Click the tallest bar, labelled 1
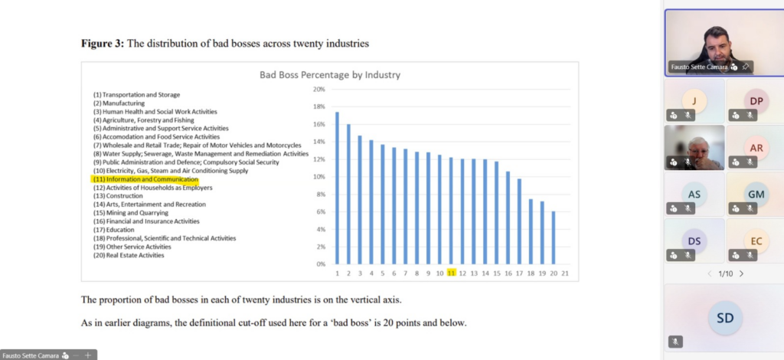pos(337,188)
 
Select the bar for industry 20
pos(553,237)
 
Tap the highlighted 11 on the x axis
pos(452,273)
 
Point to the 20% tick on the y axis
pos(319,90)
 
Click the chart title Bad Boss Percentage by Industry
pos(330,75)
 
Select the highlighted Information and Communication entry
pos(145,179)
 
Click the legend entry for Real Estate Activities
pos(129,255)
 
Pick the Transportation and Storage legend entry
pos(136,95)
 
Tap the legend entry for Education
pos(113,230)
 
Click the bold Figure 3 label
pos(103,44)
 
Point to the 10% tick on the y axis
pos(319,177)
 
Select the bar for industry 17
pos(519,221)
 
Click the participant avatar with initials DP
pos(756,101)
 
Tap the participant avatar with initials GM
pos(756,195)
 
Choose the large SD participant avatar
pos(724,316)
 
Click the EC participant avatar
pos(756,241)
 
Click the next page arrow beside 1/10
pos(741,273)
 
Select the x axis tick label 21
pos(564,273)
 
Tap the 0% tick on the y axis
pos(321,264)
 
